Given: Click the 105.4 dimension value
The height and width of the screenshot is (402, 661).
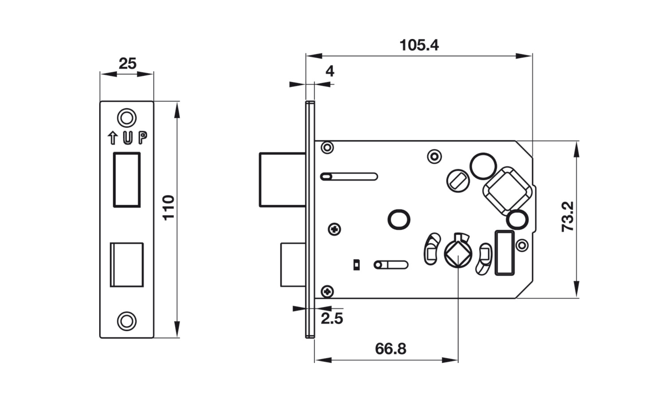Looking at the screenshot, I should (419, 45).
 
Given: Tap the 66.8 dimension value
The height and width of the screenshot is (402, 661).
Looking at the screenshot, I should (390, 349).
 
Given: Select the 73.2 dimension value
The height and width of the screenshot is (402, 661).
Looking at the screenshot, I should (568, 217).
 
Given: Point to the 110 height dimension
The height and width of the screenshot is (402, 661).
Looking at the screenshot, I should (168, 207).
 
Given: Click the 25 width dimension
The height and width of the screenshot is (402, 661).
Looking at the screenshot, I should (127, 64).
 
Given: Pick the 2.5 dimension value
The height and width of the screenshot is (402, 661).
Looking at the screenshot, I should (332, 319).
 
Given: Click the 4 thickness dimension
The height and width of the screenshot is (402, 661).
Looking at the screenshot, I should (330, 71).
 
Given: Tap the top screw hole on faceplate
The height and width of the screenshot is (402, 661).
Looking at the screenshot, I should (127, 118).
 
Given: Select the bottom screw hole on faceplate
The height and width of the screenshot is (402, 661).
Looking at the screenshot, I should (127, 321).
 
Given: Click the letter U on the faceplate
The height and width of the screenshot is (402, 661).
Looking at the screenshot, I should (127, 138).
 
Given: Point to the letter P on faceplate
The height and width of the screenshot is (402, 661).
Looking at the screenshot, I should (143, 137).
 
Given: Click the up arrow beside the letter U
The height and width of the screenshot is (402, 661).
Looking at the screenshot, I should (113, 138).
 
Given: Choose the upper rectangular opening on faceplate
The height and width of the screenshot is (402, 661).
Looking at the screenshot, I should (127, 180).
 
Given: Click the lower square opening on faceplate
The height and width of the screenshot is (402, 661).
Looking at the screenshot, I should (127, 265).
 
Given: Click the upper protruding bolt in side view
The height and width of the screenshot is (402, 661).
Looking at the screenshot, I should (283, 180).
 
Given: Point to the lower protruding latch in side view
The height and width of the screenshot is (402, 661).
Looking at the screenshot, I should (293, 265).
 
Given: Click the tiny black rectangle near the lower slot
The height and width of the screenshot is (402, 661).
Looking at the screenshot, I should (356, 265).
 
